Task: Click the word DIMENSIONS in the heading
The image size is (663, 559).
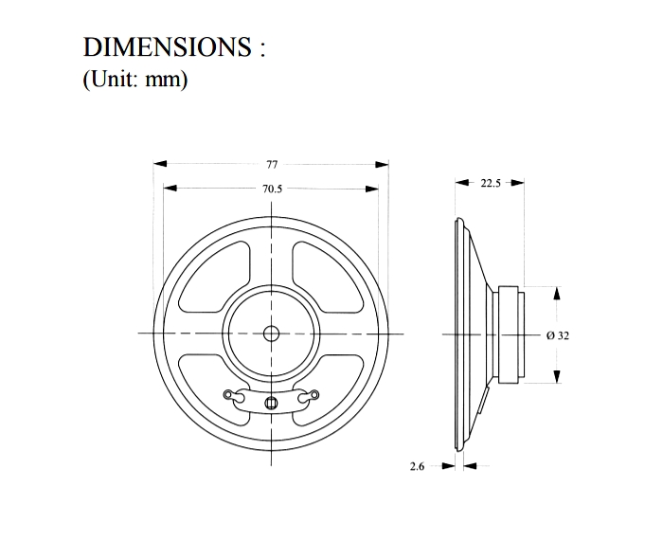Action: coord(167,46)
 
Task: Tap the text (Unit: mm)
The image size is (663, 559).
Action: coord(134,79)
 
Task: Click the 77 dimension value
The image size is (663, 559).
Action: coord(272,164)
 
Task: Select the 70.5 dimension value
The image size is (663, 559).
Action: coord(272,189)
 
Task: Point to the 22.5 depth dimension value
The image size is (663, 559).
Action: coord(491,183)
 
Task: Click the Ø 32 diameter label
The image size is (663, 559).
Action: coord(558,335)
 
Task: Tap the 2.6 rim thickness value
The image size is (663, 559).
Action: coord(417,466)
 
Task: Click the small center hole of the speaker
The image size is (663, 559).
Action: coord(271,334)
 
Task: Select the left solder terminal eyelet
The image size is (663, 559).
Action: coord(228,394)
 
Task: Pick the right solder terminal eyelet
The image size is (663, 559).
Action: coord(314,394)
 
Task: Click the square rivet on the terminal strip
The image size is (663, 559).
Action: coord(271,403)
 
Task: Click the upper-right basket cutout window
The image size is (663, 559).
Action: coord(327,277)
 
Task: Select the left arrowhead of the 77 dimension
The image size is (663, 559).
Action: coord(160,164)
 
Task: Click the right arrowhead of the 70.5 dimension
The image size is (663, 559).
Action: coord(371,189)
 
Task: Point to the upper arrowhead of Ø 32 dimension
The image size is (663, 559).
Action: coord(557,293)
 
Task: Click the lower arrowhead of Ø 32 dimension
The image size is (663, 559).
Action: coord(557,376)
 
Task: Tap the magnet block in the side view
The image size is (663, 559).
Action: coord(509,334)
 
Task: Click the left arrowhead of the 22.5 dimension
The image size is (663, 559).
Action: coord(462,183)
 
